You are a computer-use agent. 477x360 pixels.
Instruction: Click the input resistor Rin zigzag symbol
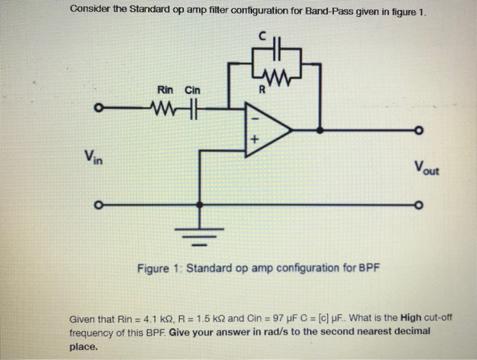click(167, 107)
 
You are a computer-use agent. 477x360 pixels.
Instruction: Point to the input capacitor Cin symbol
click(191, 107)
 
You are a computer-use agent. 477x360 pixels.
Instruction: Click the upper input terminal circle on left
click(99, 107)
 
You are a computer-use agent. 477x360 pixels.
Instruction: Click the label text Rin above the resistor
click(165, 90)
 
